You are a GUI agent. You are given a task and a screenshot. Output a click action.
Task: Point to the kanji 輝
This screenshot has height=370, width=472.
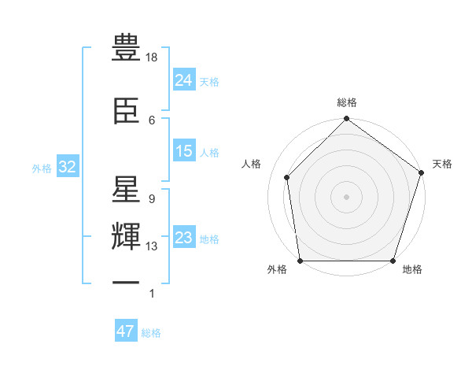[x=127, y=237]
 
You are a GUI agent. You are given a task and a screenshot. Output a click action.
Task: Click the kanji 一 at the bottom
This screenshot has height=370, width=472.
[x=127, y=284]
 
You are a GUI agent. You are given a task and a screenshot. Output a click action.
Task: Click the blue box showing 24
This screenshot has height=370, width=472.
[x=184, y=80]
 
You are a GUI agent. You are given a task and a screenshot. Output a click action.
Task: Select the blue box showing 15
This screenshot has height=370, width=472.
[x=184, y=151]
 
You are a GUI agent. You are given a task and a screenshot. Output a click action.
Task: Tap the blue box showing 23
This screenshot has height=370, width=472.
[x=184, y=238]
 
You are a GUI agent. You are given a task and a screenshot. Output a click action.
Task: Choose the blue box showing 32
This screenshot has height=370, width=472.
[x=67, y=167]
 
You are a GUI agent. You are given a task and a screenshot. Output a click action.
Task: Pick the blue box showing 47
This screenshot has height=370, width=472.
[x=126, y=331]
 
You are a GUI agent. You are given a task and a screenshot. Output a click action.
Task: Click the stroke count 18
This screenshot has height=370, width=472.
[x=153, y=57]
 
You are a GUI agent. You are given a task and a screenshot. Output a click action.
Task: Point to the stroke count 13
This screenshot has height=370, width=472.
[x=153, y=246]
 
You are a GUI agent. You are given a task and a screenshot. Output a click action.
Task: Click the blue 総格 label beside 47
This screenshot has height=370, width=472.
[x=151, y=333]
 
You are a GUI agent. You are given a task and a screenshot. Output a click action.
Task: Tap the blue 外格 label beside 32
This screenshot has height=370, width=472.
[x=42, y=168]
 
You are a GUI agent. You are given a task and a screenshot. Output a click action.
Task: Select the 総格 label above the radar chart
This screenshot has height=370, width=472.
[x=347, y=102]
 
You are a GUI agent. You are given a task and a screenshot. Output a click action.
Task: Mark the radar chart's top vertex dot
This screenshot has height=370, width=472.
[x=346, y=120]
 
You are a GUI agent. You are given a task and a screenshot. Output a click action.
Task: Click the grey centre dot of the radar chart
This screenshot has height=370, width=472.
[x=346, y=196]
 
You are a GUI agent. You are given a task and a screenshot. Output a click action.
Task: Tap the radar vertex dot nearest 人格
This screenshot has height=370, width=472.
[x=287, y=177]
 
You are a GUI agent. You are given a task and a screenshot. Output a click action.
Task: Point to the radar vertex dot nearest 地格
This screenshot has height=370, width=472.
[x=393, y=261]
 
